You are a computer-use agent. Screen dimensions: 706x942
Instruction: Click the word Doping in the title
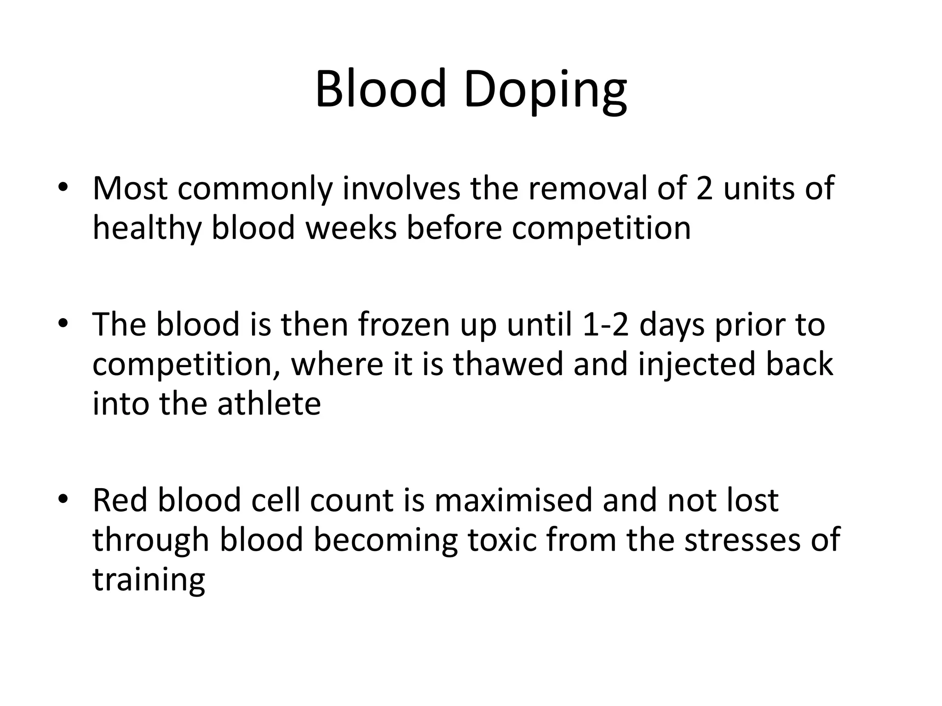545,90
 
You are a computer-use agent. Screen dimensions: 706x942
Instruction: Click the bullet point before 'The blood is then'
63,324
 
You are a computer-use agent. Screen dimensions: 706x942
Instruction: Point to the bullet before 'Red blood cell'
63,500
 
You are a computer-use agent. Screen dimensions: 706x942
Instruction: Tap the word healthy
147,228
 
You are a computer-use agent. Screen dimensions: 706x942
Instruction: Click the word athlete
269,403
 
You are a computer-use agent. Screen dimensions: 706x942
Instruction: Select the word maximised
513,500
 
